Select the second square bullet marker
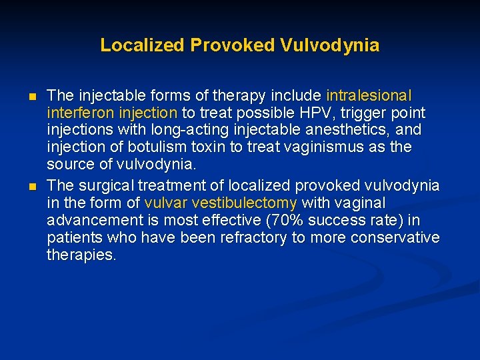pyautogui.click(x=33, y=185)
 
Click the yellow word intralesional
pyautogui.click(x=369, y=95)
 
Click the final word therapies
pyautogui.click(x=81, y=255)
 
